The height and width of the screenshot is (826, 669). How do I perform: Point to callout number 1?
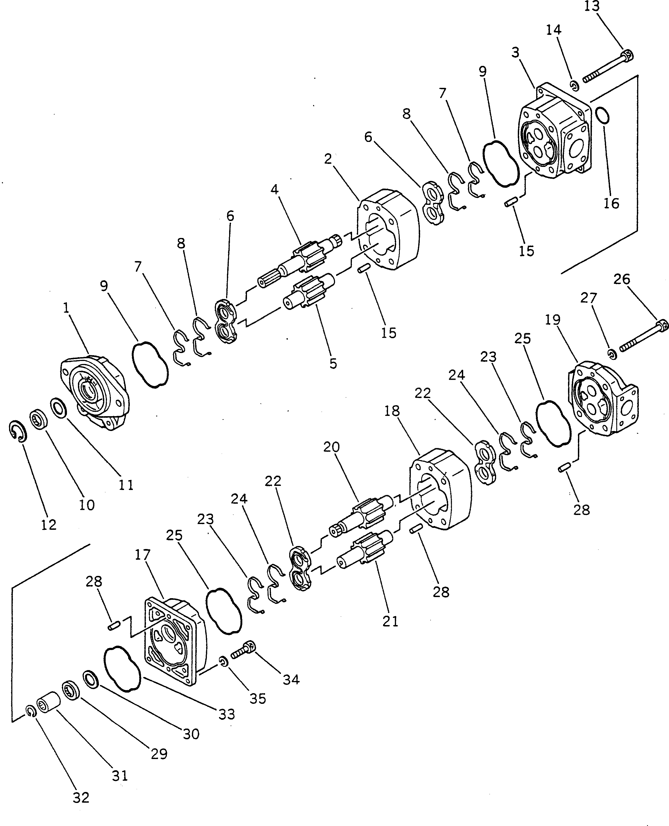point(66,307)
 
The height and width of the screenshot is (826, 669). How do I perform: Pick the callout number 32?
point(81,797)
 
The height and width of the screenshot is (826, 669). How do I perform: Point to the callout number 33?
point(227,714)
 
